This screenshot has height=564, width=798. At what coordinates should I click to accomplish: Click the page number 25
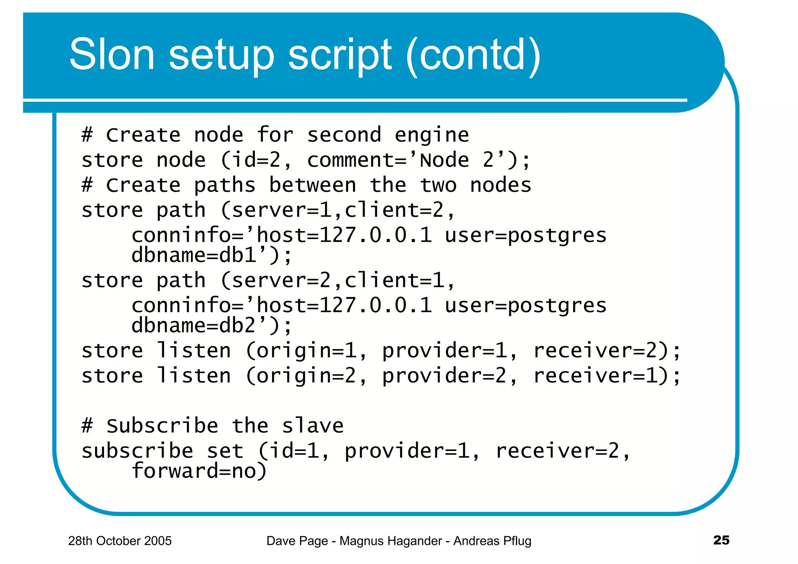pyautogui.click(x=721, y=540)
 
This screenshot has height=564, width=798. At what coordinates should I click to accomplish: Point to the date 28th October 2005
pyautogui.click(x=120, y=541)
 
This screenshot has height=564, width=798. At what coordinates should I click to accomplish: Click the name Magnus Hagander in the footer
pyautogui.click(x=391, y=541)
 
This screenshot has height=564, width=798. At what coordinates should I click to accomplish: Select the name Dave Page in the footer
pyautogui.click(x=297, y=541)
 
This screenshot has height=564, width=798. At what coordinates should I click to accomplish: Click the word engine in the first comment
pyautogui.click(x=432, y=136)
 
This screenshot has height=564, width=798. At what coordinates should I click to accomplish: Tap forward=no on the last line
pyautogui.click(x=199, y=471)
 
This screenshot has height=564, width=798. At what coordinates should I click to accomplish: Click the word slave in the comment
pyautogui.click(x=312, y=426)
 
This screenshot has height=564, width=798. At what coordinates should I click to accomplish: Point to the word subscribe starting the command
pyautogui.click(x=137, y=451)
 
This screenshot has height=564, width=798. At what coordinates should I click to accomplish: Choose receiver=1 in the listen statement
pyautogui.click(x=596, y=376)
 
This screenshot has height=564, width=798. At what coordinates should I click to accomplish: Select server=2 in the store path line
pyautogui.click(x=281, y=281)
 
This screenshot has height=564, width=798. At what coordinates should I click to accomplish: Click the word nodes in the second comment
pyautogui.click(x=501, y=185)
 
